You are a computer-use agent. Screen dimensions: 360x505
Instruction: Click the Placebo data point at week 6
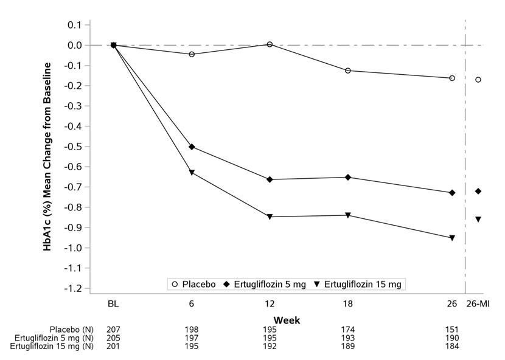192,54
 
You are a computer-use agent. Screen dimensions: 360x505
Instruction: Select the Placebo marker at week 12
270,44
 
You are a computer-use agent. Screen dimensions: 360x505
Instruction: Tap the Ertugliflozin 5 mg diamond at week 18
347,177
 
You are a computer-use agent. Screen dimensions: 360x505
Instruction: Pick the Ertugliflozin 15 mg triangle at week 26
451,238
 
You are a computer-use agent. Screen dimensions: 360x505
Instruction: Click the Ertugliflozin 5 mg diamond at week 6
192,147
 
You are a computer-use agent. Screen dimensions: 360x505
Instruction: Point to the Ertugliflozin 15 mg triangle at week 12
270,216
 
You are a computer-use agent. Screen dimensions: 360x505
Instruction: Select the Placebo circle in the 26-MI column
478,80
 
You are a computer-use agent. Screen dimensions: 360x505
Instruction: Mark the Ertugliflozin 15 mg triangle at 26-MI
478,219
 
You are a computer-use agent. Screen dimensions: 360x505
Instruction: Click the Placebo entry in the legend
194,284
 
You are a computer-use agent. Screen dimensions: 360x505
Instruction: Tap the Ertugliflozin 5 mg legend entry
266,284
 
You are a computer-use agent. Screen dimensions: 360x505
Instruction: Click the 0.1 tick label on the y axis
75,25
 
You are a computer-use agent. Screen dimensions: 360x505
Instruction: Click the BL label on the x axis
114,303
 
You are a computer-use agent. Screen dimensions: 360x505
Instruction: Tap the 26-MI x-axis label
478,303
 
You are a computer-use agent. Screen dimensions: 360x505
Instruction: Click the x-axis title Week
287,320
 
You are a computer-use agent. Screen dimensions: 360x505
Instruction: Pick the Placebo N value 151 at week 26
451,330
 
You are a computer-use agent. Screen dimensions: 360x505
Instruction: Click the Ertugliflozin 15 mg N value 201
114,347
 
